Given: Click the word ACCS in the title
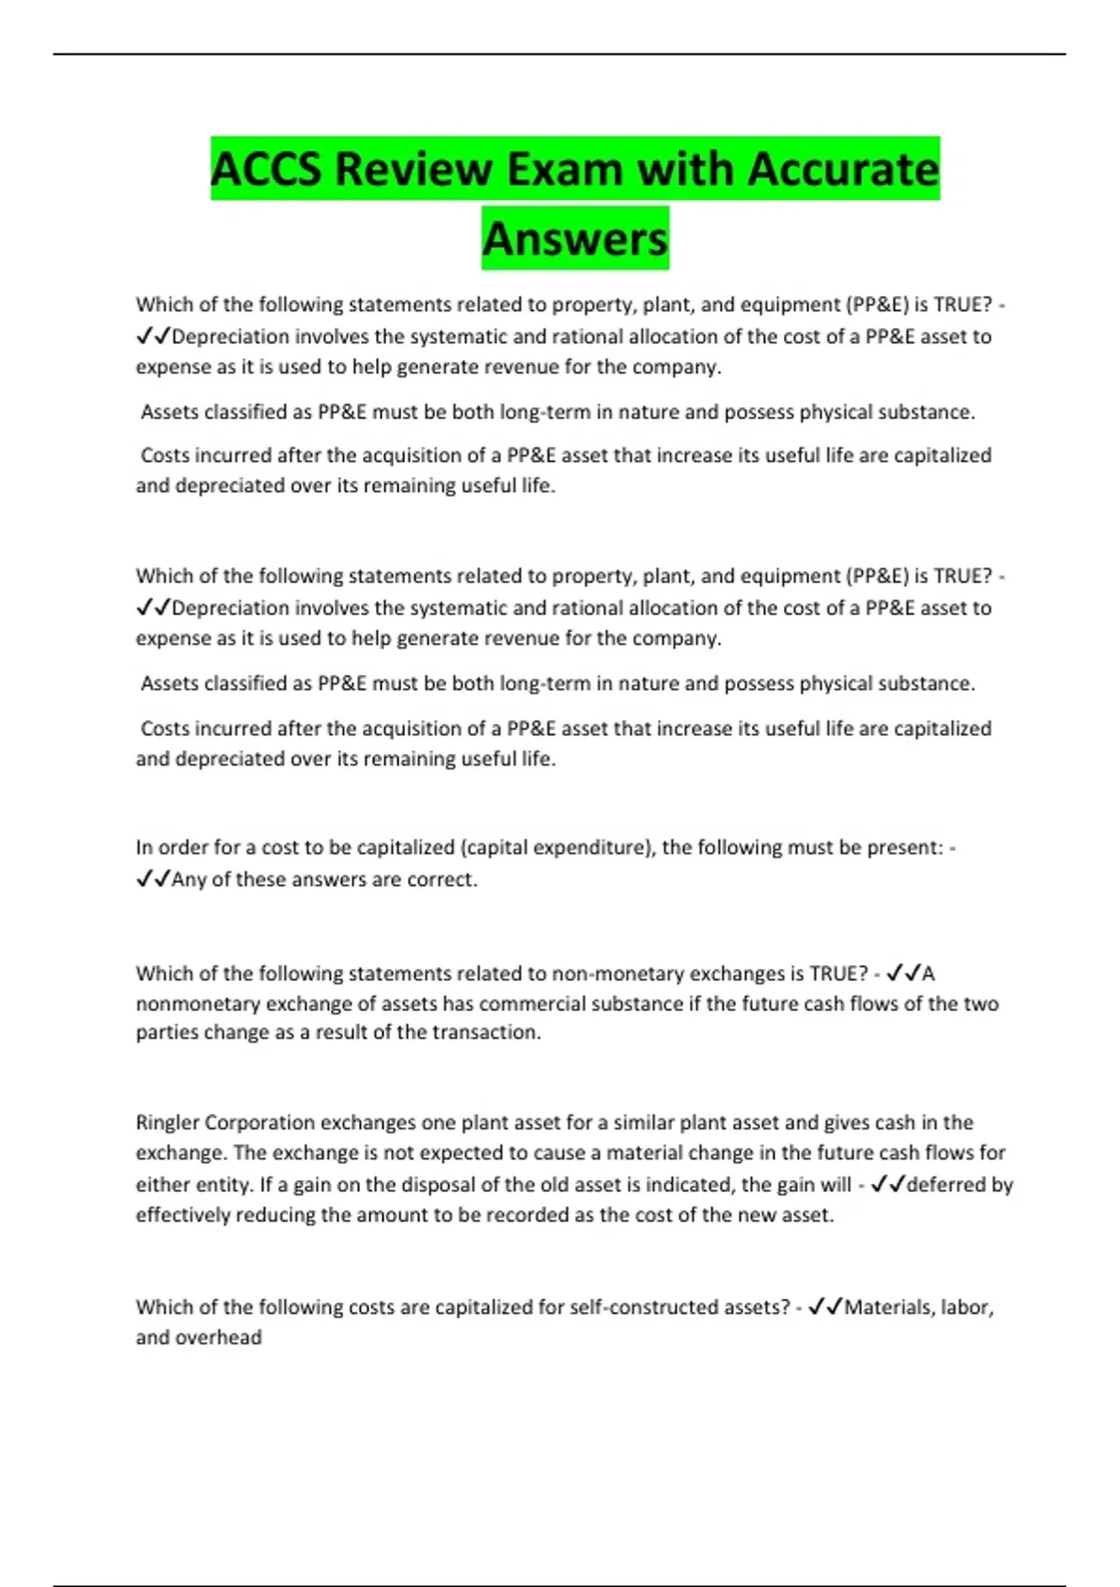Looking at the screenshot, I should [266, 170].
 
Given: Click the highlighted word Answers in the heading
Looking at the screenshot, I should [575, 239].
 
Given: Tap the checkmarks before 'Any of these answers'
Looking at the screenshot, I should [152, 879].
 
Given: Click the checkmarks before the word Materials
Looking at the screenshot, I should [825, 1307].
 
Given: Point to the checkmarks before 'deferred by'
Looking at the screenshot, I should [887, 1185].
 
